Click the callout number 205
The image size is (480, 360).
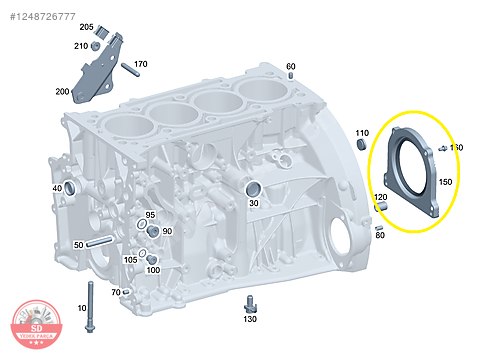[86, 27]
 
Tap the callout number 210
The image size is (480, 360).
[80, 46]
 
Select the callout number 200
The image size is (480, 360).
[62, 92]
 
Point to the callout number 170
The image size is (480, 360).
[140, 64]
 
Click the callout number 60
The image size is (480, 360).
[291, 67]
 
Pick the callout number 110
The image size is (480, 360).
[362, 133]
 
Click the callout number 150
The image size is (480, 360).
[445, 182]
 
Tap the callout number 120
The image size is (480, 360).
[380, 198]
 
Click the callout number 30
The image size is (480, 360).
[254, 203]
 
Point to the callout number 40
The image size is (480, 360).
[57, 189]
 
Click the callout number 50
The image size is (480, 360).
[78, 245]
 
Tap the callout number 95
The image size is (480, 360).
[150, 215]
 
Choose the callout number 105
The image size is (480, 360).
[130, 260]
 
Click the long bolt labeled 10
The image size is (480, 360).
[91, 300]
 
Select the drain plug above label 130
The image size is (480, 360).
[249, 302]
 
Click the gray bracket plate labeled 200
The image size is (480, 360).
[95, 70]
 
